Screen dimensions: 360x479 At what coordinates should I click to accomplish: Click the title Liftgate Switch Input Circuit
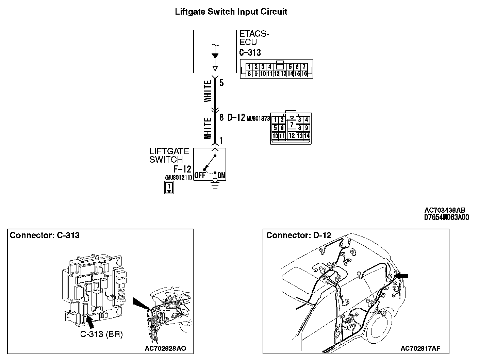tap(231, 12)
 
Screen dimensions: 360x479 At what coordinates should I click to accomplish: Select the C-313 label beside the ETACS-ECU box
tap(250, 52)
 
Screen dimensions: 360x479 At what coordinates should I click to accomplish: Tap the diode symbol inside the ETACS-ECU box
tap(215, 56)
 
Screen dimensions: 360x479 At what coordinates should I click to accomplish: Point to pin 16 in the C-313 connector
tap(304, 73)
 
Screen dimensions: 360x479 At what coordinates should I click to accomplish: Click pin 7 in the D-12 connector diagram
tap(292, 125)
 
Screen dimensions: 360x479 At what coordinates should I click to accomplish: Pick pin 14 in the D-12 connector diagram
tap(307, 136)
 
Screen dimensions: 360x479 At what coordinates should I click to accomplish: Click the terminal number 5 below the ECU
tap(221, 83)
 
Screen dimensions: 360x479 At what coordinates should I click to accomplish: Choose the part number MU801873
tap(258, 119)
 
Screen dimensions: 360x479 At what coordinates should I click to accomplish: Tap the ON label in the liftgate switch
tap(221, 176)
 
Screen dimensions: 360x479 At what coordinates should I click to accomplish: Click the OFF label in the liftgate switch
tap(200, 176)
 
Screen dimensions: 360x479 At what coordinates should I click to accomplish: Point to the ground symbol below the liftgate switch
tap(215, 186)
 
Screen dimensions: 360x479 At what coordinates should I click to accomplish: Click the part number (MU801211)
tap(178, 177)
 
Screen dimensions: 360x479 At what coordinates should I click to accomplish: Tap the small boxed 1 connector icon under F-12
tap(169, 188)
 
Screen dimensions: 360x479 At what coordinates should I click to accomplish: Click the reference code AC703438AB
tap(445, 210)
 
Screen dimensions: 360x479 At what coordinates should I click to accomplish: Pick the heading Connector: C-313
tap(45, 235)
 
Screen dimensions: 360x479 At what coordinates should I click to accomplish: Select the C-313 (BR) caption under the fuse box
tap(101, 334)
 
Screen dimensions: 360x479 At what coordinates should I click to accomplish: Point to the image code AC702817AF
tap(420, 348)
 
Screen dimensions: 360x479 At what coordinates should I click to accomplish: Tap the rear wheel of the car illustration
tap(383, 329)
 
